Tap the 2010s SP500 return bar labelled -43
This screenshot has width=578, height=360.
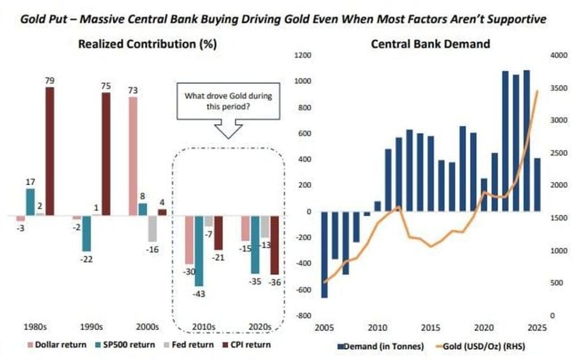point(199,251)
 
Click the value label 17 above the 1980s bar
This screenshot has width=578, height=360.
point(30,182)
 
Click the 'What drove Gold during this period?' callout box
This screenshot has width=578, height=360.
point(228,101)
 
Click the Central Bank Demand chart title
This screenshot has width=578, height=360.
point(430,43)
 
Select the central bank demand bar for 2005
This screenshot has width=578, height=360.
point(325,254)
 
